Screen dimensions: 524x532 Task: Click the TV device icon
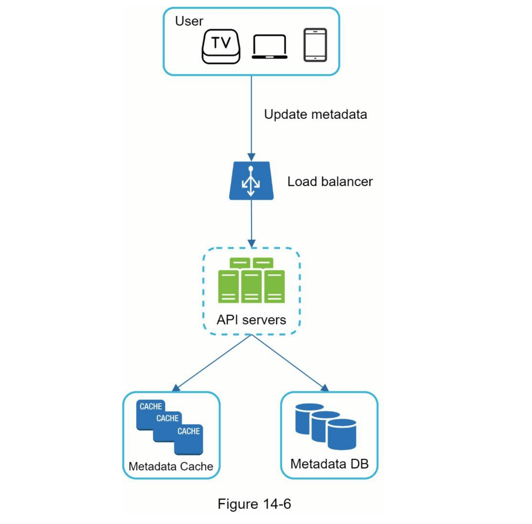pos(221,46)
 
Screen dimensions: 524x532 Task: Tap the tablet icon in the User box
pos(315,45)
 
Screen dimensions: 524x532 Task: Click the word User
pos(189,21)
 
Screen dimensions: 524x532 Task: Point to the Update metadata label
pos(315,115)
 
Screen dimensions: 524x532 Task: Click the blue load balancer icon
pos(251,181)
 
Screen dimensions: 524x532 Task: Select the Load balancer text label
pos(330,182)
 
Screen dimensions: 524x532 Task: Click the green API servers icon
pos(251,280)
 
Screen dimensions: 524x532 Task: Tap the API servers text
pos(251,320)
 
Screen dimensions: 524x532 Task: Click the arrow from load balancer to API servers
pos(251,222)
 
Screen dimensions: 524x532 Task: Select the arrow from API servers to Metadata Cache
pos(212,363)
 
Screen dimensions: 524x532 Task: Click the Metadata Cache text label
pos(171,467)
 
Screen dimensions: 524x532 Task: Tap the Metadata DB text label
pos(329,464)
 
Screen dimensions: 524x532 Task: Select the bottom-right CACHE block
pos(189,439)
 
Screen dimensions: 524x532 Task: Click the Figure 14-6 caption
pos(254,504)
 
